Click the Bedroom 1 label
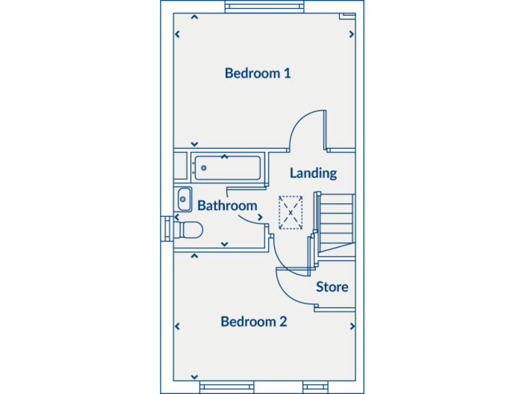point(258,73)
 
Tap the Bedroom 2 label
point(254,321)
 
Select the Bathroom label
point(227,205)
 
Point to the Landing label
point(313,173)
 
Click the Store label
point(332,287)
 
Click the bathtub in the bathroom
point(227,168)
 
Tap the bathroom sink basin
point(183,200)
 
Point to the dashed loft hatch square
point(291,213)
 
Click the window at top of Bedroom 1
point(263,8)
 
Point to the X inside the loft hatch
point(291,213)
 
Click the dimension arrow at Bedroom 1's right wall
point(351,34)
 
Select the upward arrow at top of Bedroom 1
point(195,18)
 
